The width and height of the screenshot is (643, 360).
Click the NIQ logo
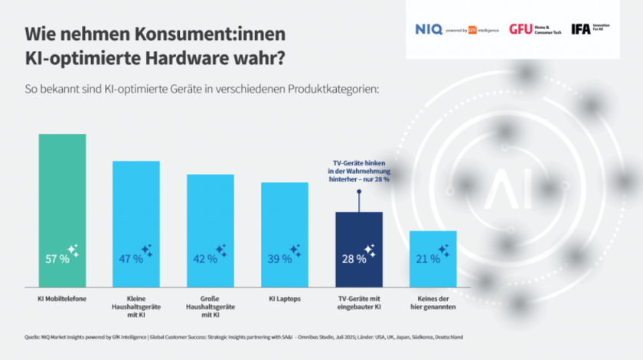pos(429,29)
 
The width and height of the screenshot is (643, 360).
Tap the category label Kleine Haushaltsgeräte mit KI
pos(136,304)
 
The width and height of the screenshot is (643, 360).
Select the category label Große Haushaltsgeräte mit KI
pos(211,304)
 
